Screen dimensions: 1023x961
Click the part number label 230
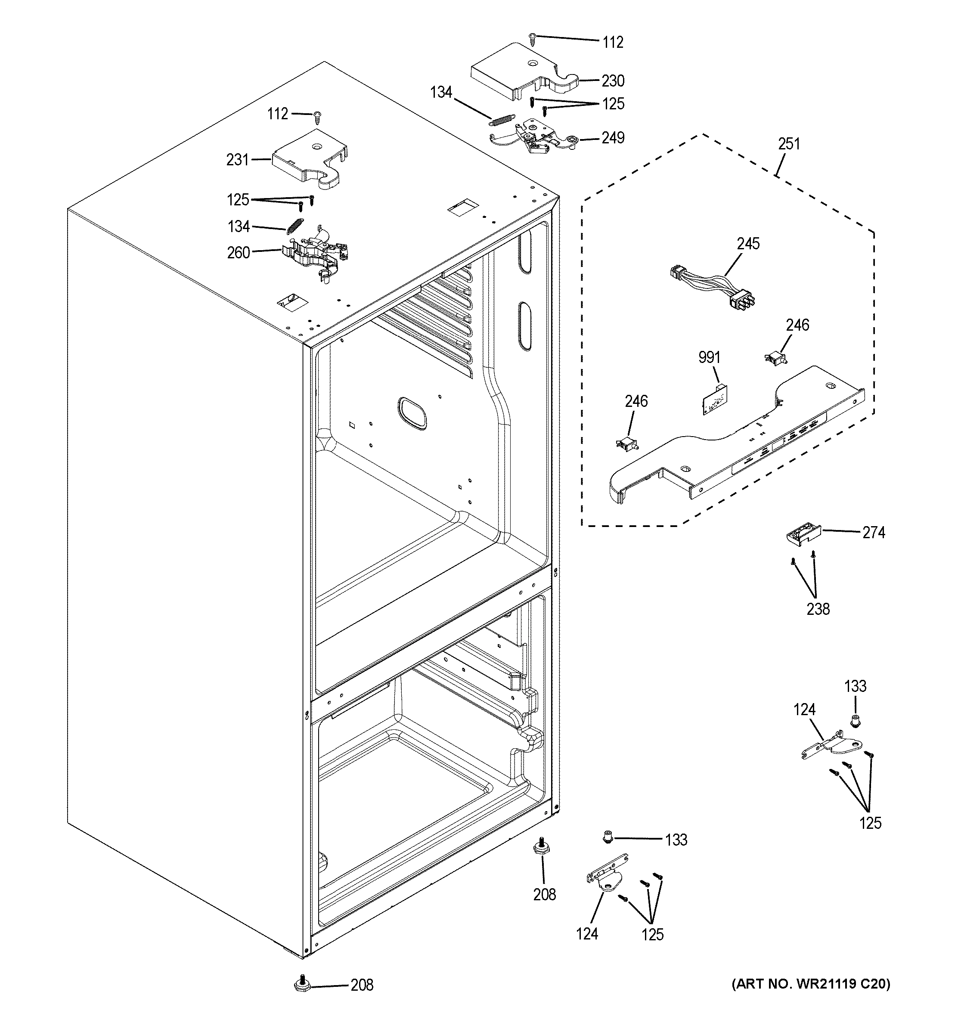613,81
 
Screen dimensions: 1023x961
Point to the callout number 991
709,357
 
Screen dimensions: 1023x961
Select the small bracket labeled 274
803,535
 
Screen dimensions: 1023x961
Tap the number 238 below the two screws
818,609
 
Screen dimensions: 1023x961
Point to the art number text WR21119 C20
810,984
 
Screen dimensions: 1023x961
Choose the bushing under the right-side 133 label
855,722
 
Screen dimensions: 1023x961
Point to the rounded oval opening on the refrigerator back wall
412,413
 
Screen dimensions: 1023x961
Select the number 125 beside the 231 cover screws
238,200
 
